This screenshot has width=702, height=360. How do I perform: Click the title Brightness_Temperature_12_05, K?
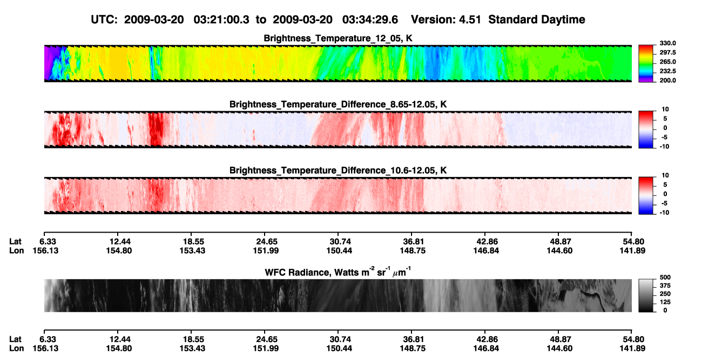338,38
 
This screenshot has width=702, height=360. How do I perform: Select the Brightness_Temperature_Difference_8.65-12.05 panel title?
338,104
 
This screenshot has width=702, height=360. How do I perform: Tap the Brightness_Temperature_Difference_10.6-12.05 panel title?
338,171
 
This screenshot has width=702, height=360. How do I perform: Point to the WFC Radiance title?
338,271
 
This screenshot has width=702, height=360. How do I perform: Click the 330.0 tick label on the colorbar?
667,43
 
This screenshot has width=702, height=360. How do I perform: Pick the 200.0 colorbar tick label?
667,80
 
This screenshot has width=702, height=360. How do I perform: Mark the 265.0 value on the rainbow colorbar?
667,62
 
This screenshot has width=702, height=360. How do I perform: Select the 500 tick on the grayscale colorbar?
665,277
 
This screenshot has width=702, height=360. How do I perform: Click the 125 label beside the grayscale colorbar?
665,302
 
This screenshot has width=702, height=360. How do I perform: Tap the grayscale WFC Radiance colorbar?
646,295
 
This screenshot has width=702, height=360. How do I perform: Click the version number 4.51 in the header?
470,19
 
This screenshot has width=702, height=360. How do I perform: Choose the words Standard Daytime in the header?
537,19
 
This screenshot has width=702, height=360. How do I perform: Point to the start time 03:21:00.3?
221,19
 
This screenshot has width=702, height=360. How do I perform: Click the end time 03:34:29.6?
370,19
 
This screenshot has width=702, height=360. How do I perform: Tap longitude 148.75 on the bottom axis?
413,349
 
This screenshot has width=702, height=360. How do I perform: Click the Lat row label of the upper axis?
15,242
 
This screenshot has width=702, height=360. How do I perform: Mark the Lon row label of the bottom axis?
16,349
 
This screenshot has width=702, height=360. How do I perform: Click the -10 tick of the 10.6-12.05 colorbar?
664,213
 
